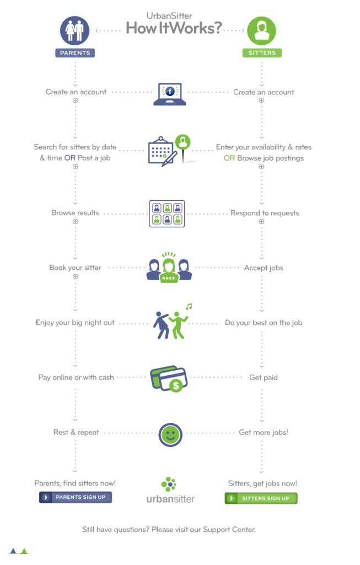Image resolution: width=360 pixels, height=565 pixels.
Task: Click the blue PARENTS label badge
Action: (x=75, y=53)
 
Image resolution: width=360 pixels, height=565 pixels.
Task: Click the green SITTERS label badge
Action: (x=262, y=53)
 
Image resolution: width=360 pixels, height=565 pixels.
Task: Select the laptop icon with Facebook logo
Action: (x=170, y=94)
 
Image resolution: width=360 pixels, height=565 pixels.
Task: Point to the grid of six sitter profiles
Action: (x=167, y=214)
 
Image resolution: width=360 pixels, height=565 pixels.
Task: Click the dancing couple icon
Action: (x=171, y=323)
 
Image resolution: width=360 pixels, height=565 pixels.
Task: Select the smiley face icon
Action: (x=170, y=434)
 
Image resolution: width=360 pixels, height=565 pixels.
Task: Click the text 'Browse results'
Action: (x=76, y=212)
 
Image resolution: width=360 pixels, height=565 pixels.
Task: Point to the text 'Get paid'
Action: (x=264, y=377)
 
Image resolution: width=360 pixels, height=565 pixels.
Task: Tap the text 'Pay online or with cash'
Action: (x=76, y=377)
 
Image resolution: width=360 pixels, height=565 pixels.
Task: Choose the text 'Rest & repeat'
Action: (x=76, y=432)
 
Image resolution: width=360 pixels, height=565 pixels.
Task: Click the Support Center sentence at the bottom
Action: (x=169, y=530)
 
